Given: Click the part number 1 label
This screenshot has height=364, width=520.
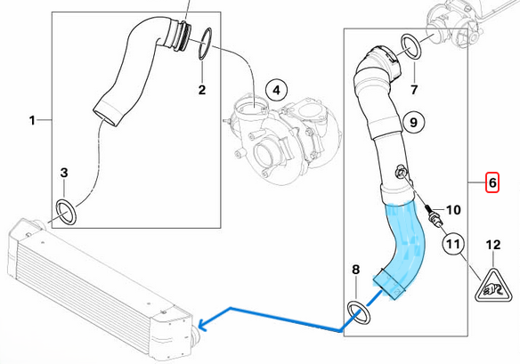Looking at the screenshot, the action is click(32, 120).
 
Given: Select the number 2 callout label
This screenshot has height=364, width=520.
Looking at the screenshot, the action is click(202, 90).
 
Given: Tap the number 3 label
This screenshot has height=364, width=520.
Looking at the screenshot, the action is click(64, 173).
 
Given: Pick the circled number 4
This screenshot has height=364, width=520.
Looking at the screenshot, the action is click(277, 90).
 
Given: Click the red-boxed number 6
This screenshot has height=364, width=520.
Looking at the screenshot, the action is click(492, 182).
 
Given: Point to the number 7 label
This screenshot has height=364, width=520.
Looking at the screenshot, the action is click(414, 90).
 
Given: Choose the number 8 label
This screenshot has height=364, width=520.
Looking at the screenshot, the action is click(355, 269).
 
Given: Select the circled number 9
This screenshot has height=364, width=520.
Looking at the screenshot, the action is click(413, 122).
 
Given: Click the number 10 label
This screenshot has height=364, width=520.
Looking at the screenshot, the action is click(453, 210).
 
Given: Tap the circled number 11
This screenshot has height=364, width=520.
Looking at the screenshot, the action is click(454, 244).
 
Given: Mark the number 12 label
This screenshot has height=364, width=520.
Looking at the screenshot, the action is click(492, 245).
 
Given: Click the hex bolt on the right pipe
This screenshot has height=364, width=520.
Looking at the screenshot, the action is click(400, 172).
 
